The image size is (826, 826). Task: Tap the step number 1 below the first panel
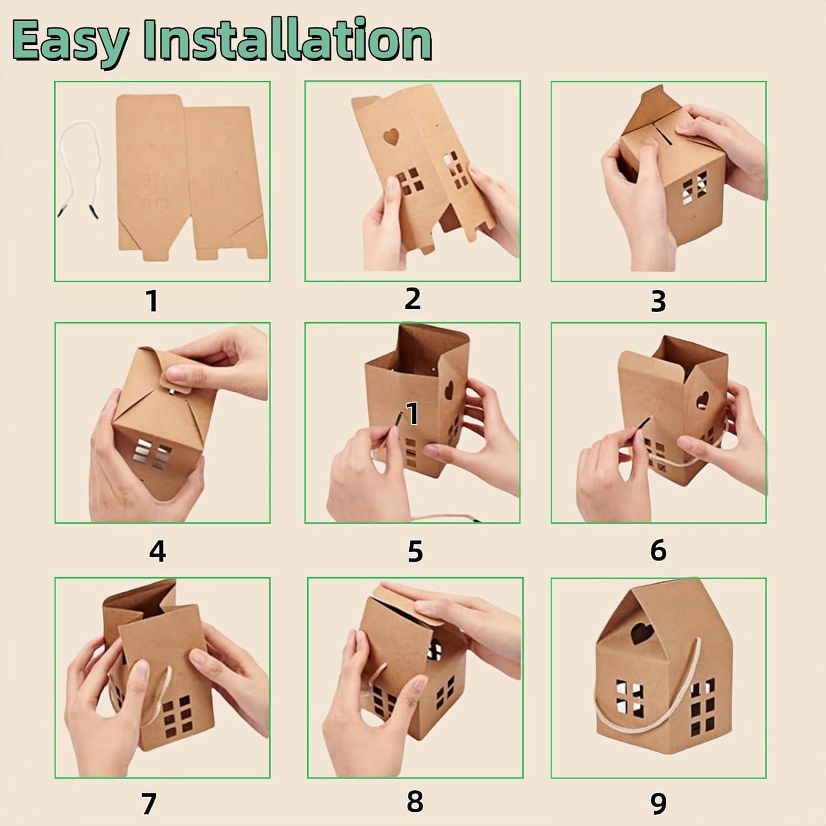tap(153, 301)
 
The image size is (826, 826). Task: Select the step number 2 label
tap(412, 298)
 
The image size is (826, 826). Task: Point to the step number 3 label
tap(658, 301)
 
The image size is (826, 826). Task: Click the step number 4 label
tap(157, 551)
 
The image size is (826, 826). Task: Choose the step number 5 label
tap(415, 551)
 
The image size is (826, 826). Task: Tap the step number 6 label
tap(658, 550)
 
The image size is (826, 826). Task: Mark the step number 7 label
tap(149, 803)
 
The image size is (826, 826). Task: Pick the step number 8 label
tap(415, 801)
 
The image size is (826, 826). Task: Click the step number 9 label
tap(658, 803)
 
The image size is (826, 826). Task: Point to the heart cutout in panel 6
tap(702, 400)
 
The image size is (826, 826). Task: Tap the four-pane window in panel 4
tap(153, 454)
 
